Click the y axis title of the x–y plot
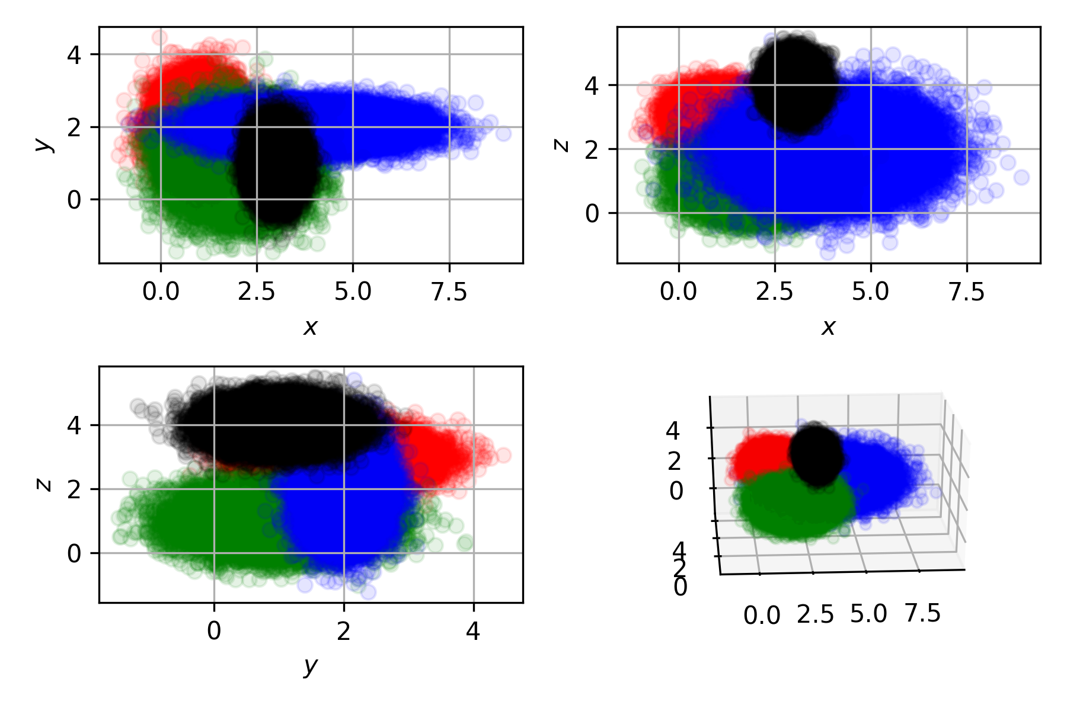tap(41, 144)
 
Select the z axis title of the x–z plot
tap(560, 144)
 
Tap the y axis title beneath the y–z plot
tap(310, 667)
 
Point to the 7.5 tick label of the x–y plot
tap(449, 292)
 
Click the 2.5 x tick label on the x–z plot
tap(774, 292)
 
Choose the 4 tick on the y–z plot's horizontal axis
tap(473, 632)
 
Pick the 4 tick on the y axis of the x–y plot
tap(74, 55)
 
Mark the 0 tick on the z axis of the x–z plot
tap(592, 213)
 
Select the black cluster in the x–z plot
tap(794, 83)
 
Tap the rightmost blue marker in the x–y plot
tap(503, 134)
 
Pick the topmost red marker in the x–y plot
tap(159, 37)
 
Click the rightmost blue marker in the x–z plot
tap(1021, 177)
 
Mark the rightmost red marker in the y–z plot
tap(503, 456)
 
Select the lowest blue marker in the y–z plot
tap(368, 592)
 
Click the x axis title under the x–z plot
tap(828, 326)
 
